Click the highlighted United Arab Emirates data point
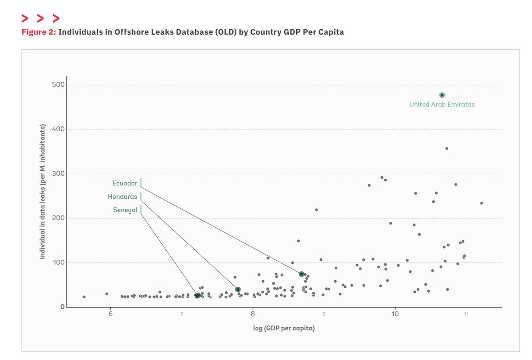click(442, 95)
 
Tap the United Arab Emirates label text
click(442, 105)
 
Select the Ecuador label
click(125, 184)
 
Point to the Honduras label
click(122, 197)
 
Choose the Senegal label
click(125, 210)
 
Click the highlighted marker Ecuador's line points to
click(301, 274)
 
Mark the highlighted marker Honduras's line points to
click(238, 290)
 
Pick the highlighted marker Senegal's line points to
click(197, 295)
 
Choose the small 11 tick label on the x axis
click(466, 314)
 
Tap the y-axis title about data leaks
click(43, 192)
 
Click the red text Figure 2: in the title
click(39, 32)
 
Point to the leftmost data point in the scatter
click(84, 297)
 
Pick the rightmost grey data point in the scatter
click(481, 203)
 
